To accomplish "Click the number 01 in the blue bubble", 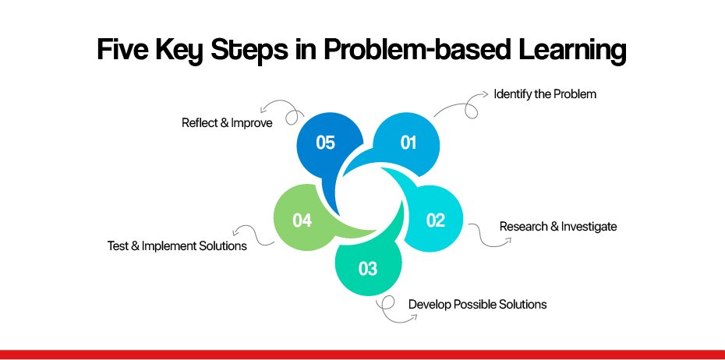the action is [408, 143].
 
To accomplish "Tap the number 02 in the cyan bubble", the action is [435, 221].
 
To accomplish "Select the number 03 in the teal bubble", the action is [368, 269].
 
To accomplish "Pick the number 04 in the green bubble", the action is [302, 221].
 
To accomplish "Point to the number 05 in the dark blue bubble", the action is [325, 143].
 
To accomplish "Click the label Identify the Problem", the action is [545, 94].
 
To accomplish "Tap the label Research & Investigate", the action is [558, 227].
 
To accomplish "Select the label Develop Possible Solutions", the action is [477, 305].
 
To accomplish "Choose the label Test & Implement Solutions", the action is [177, 246].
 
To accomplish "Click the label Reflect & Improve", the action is [227, 123].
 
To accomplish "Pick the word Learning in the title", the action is [572, 51].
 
